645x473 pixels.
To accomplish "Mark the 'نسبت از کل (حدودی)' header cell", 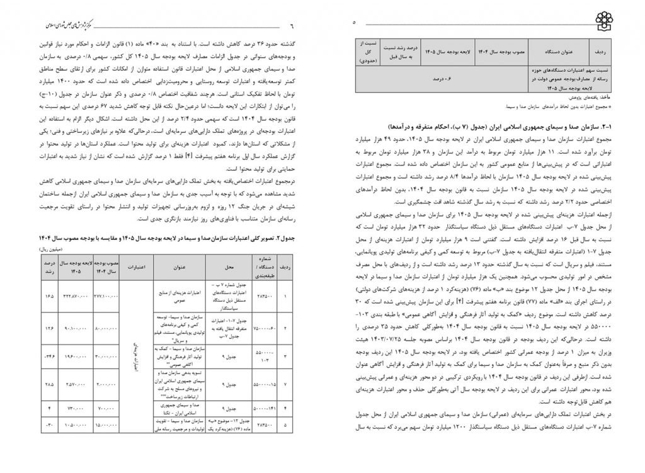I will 366,51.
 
